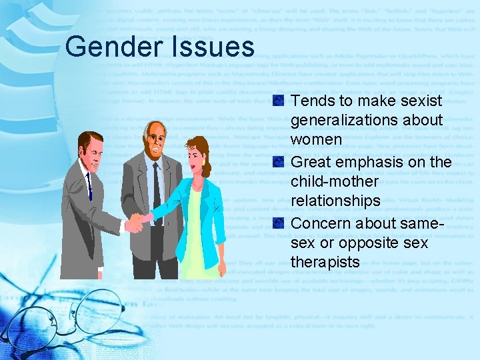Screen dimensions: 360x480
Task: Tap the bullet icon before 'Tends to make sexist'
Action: [279, 101]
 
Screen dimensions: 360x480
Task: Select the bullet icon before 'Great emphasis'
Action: [279, 162]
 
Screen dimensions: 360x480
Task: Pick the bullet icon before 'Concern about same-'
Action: [279, 223]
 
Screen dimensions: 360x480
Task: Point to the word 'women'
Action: [316, 141]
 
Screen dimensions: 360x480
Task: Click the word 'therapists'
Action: [325, 262]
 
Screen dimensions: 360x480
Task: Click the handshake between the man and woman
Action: [137, 222]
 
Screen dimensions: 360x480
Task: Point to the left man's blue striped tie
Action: [89, 183]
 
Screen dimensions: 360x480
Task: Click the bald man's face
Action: [155, 140]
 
